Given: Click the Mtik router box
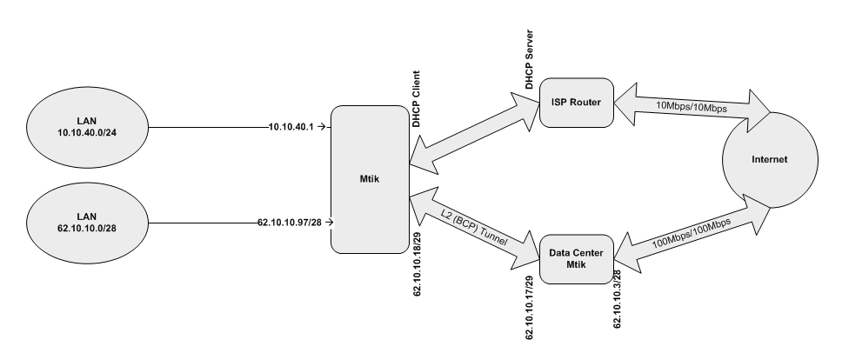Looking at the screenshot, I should (x=369, y=180).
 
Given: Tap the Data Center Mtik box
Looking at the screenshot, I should (x=575, y=258).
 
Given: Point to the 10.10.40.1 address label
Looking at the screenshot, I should (x=294, y=127).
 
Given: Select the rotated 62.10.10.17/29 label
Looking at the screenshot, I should (x=530, y=310).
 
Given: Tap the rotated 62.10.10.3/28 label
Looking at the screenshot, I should (x=618, y=298).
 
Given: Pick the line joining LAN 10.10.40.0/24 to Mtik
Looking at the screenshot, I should (x=209, y=127).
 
